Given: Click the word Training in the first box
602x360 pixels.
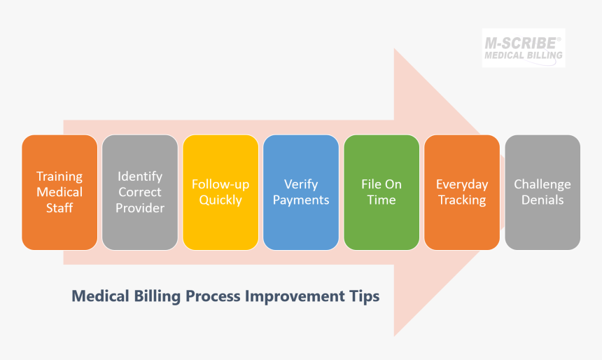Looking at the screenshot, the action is click(x=59, y=176).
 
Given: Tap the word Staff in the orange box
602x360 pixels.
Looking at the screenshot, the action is click(x=59, y=208).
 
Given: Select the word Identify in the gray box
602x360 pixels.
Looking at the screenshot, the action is click(x=140, y=176).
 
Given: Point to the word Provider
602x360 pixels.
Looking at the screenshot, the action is click(x=140, y=208).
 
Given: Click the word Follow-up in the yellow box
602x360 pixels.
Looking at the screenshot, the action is click(x=220, y=184).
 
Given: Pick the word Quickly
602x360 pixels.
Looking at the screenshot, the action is click(x=220, y=200).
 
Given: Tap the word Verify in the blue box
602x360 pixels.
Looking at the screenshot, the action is click(x=301, y=184).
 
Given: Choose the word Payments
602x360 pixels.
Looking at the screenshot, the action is click(x=301, y=200).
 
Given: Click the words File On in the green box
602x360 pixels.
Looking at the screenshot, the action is click(x=381, y=184).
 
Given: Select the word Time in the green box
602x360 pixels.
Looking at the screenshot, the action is click(x=381, y=200).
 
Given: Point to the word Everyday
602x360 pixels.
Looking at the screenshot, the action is click(x=462, y=184).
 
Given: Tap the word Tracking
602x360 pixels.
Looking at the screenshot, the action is click(x=462, y=200).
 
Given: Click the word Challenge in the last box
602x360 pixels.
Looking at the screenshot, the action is click(x=542, y=184).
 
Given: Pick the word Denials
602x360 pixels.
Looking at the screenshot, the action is click(x=542, y=200).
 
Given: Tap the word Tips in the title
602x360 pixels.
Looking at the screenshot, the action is click(x=364, y=296).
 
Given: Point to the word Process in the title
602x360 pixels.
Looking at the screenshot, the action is click(x=213, y=296).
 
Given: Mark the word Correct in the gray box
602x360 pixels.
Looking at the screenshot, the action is click(x=140, y=192).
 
